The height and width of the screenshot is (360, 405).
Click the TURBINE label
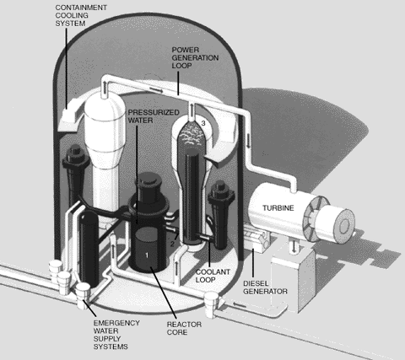point(278,208)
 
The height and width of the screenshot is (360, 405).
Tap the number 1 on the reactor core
point(147,255)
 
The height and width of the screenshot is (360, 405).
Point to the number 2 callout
point(172,244)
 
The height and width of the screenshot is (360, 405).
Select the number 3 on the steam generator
point(203,123)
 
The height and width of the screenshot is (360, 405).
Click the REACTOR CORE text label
point(184,328)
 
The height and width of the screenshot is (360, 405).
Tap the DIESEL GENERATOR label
point(265,287)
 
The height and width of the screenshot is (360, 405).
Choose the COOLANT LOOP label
point(213,276)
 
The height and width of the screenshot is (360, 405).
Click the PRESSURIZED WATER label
point(154,116)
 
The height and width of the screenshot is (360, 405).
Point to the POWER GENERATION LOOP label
point(195,57)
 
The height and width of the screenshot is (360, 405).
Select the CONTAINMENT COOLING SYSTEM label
point(81,15)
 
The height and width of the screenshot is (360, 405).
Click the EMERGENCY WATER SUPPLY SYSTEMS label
point(116,335)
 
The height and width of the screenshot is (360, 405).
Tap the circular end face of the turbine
point(343,224)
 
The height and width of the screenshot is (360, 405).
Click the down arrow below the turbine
point(294,246)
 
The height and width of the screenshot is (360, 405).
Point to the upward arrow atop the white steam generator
point(105,84)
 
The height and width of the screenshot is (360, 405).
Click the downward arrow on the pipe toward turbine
point(249,141)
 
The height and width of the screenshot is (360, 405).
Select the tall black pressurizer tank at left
point(89,250)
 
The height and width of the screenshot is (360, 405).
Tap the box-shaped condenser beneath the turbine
point(293,280)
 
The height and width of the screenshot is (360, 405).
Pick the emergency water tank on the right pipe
point(212,304)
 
